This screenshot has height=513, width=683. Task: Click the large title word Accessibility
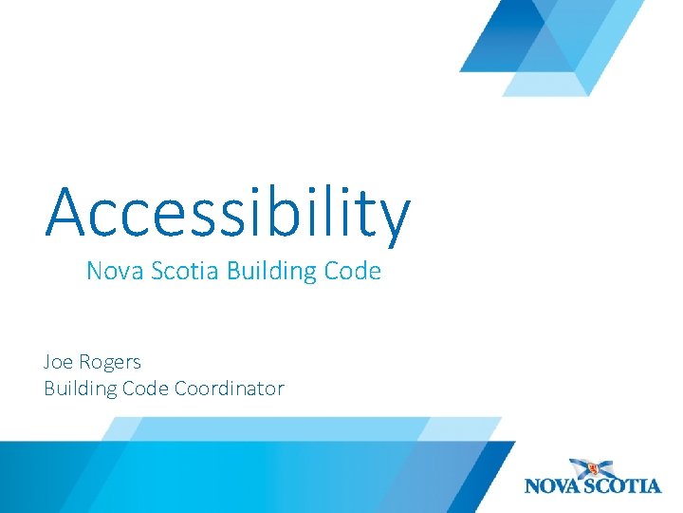coord(228,211)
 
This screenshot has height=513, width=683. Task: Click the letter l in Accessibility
coord(326,208)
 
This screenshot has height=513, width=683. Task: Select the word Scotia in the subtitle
coord(181,272)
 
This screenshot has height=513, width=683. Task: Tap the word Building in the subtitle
coord(271,273)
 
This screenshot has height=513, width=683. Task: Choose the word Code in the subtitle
coord(352,272)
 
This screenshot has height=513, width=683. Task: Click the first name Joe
coord(59,362)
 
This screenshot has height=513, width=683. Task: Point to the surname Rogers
coord(111,363)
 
